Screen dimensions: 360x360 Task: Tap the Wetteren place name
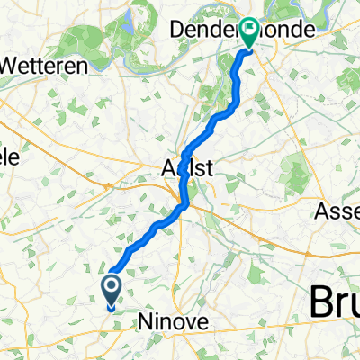(x=45, y=65)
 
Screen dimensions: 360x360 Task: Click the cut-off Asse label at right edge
(x=340, y=213)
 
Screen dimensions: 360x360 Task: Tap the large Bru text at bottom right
(x=335, y=302)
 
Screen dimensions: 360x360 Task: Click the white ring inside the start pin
(x=112, y=287)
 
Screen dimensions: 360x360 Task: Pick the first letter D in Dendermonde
(x=178, y=30)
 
